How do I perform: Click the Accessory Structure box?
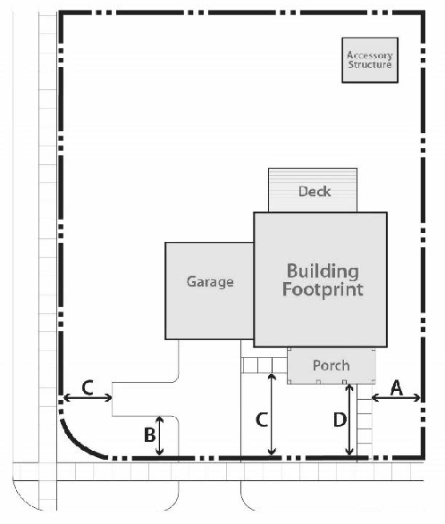(370, 60)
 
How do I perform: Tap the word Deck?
(315, 192)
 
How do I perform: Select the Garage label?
(210, 282)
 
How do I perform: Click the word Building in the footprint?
(323, 271)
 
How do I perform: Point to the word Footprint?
(323, 289)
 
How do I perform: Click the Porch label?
(332, 366)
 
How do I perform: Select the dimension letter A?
(397, 388)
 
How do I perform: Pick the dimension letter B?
(149, 435)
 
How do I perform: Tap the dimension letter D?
(340, 420)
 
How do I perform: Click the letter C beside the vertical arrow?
(262, 420)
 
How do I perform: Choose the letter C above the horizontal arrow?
(88, 388)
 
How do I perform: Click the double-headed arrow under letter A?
(396, 397)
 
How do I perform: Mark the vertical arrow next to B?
(160, 436)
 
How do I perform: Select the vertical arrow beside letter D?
(349, 420)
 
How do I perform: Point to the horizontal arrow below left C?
(88, 397)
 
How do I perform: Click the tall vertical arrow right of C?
(272, 414)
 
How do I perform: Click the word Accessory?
(370, 55)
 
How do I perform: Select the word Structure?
(370, 64)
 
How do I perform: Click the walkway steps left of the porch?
(264, 365)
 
